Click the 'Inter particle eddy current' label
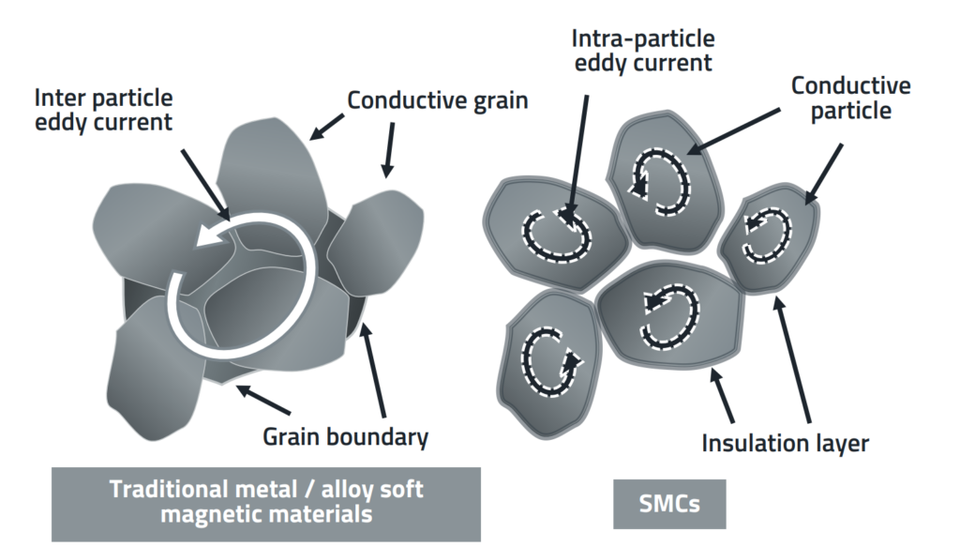point(103,111)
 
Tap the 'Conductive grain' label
point(437,99)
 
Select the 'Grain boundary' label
point(345,436)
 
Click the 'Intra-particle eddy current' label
point(643,51)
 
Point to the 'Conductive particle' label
point(851,99)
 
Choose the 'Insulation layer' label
point(784,441)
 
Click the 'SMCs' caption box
point(668,505)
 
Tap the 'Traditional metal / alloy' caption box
point(265,503)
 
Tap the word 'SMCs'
point(668,505)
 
